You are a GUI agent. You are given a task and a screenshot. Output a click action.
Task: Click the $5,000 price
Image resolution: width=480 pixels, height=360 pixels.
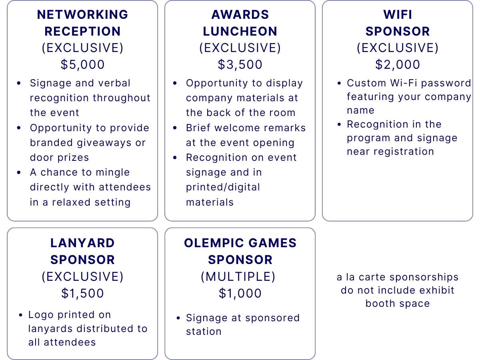[82, 64]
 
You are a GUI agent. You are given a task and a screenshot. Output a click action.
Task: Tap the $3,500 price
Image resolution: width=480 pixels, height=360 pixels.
[240, 64]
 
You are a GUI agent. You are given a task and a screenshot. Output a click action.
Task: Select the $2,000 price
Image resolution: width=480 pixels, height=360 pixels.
[397, 64]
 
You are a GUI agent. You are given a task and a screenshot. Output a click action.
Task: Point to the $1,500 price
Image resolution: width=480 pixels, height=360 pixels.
[82, 293]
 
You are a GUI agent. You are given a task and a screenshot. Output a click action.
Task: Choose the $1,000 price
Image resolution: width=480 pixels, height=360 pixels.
[240, 293]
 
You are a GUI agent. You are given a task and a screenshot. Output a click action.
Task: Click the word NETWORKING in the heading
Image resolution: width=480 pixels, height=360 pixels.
[82, 15]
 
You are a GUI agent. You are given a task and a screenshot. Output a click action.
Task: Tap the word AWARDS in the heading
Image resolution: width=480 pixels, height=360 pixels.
[240, 15]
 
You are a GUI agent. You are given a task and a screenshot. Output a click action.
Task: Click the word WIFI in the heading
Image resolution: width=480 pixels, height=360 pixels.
[397, 15]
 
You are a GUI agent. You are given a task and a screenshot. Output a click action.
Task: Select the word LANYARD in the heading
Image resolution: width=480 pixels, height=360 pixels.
[82, 243]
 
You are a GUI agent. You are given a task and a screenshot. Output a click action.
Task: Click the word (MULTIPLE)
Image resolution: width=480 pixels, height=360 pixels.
[238, 277]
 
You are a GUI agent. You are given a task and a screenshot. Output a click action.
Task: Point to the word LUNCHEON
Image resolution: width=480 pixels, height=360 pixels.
[240, 31]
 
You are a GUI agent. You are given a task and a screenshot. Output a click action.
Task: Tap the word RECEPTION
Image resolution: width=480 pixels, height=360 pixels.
[82, 31]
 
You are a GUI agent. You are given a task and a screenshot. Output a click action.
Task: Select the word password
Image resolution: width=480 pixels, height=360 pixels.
[446, 84]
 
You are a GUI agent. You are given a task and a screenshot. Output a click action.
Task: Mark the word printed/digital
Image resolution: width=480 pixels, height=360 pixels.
[223, 187]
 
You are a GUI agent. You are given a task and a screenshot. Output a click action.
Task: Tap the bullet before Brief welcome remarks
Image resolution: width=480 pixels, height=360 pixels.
[175, 128]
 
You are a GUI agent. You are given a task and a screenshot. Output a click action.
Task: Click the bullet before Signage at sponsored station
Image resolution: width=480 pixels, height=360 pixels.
[178, 318]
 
